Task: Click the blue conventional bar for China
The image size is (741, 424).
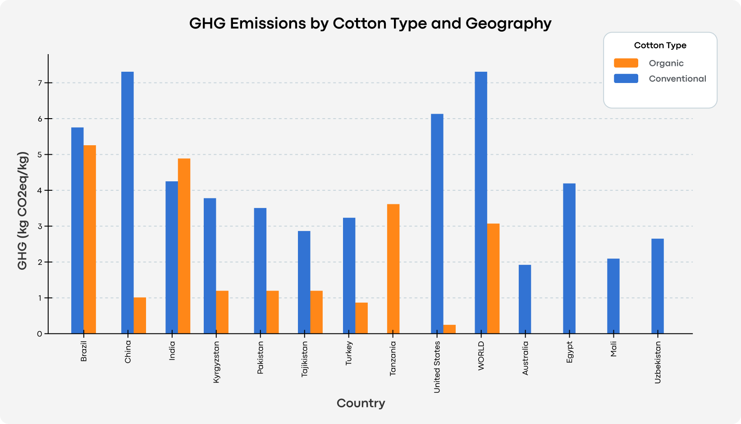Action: pyautogui.click(x=128, y=203)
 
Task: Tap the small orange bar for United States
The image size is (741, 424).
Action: pyautogui.click(x=449, y=329)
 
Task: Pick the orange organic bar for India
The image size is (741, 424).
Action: pyautogui.click(x=184, y=246)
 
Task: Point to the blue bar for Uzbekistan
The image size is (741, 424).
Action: pyautogui.click(x=657, y=286)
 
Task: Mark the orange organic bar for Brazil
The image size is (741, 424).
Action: pyautogui.click(x=90, y=239)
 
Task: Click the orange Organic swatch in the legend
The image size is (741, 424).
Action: pyautogui.click(x=626, y=63)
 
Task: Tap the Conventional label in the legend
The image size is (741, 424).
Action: pyautogui.click(x=677, y=78)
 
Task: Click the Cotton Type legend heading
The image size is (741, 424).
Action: pyautogui.click(x=660, y=45)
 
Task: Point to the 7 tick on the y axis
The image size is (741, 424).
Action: pyautogui.click(x=40, y=83)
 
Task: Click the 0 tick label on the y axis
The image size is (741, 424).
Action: pyautogui.click(x=40, y=334)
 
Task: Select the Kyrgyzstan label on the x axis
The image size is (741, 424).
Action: pyautogui.click(x=216, y=362)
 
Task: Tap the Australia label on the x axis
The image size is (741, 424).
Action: pyautogui.click(x=525, y=358)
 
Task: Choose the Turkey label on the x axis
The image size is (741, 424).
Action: pyautogui.click(x=349, y=353)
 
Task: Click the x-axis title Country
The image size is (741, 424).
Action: pyautogui.click(x=361, y=403)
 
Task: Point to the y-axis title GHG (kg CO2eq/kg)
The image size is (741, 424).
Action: pyautogui.click(x=23, y=211)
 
